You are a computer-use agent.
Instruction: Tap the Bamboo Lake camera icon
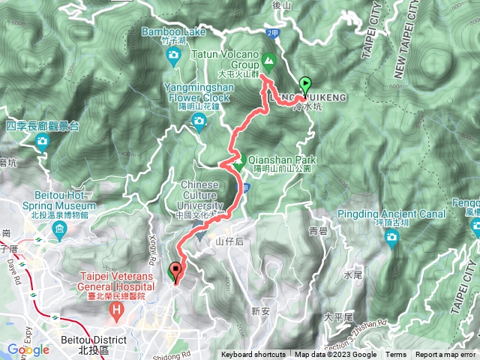coord(174,56)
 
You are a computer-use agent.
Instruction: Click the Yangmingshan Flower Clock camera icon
coord(199,121)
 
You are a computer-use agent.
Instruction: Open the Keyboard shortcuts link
coord(253,355)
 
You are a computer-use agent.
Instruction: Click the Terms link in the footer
coord(396,355)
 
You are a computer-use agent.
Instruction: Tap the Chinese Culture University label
coord(201,196)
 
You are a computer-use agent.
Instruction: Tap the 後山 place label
coord(280,5)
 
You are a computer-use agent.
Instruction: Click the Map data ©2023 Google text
coord(335,355)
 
